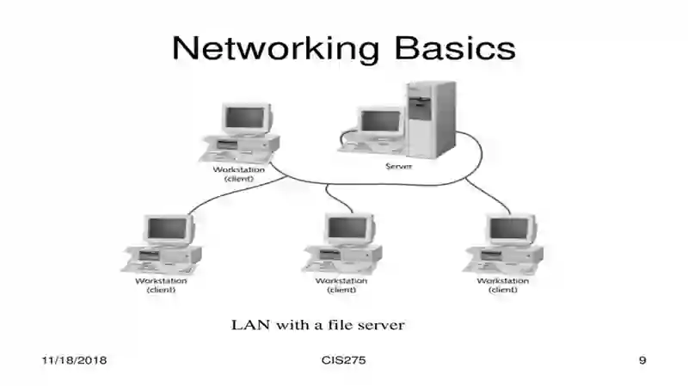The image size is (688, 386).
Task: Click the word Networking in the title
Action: (x=275, y=48)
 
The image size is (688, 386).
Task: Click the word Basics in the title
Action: (x=455, y=47)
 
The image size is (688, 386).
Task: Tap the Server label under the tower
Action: (x=399, y=166)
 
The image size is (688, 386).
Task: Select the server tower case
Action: (x=432, y=119)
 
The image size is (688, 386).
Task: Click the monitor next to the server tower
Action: (x=380, y=121)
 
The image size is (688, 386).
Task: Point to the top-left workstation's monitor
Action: (x=247, y=119)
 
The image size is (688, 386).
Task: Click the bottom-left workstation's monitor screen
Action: (x=167, y=228)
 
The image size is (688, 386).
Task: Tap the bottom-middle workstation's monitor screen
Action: (x=347, y=228)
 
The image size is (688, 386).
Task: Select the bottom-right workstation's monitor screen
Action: (x=509, y=228)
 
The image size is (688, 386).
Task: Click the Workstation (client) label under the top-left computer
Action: (x=239, y=175)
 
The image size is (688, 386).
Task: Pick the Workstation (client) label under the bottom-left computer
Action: (x=161, y=285)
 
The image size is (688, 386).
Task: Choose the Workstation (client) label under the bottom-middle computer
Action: (x=341, y=285)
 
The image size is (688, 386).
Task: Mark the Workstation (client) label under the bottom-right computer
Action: (x=503, y=285)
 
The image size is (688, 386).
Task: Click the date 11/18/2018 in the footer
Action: (x=74, y=360)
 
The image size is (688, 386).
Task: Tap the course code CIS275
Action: (x=343, y=360)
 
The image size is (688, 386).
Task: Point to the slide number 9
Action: (x=642, y=360)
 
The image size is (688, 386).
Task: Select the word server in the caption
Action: (x=381, y=326)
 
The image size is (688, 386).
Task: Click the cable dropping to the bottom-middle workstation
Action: (x=336, y=198)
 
